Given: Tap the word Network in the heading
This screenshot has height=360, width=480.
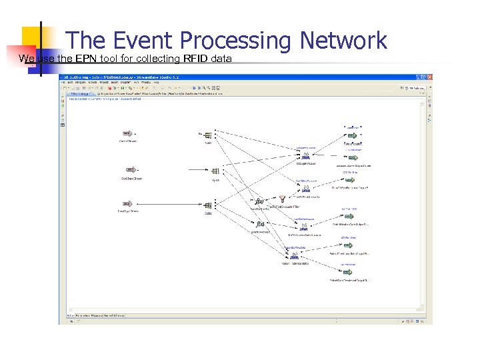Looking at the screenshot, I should pos(343,41).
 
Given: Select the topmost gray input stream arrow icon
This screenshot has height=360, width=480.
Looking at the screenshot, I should pos(129,133).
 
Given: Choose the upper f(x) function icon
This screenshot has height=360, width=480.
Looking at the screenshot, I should pos(260,201).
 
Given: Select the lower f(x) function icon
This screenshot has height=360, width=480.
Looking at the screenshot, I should pos(260,225).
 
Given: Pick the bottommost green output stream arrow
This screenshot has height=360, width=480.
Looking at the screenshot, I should pos(349,272).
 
